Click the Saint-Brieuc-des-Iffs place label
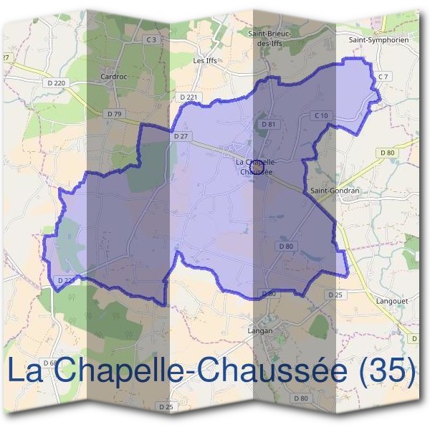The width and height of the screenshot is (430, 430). [x=268, y=37]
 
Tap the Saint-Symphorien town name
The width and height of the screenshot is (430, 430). [x=378, y=41]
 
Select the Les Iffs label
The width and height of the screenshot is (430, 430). [x=205, y=61]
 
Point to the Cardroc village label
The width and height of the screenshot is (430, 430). [x=114, y=75]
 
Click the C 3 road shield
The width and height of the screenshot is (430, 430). [x=151, y=40]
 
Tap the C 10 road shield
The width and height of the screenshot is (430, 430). [x=320, y=115]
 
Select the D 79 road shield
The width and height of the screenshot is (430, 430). [x=113, y=113]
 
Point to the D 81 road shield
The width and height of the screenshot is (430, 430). [x=269, y=124]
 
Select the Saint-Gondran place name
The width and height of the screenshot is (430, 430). [x=334, y=191]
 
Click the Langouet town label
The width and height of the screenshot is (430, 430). [x=391, y=302]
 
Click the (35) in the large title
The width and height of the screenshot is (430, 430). [x=389, y=371]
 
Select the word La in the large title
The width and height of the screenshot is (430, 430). [x=27, y=371]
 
